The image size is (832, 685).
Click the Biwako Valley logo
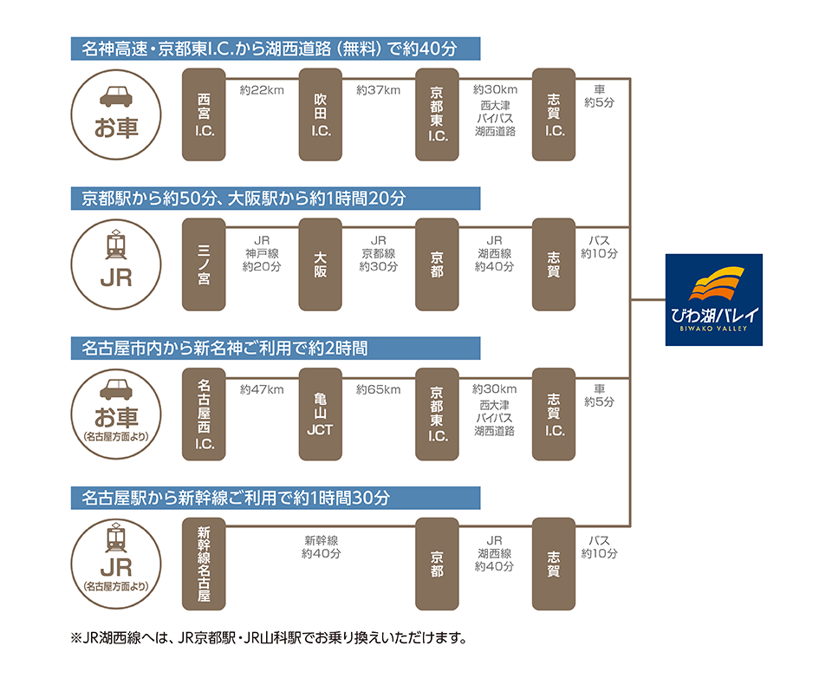[x=713, y=299]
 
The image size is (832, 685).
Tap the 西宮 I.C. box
[x=204, y=114]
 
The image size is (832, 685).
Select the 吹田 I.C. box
[x=321, y=114]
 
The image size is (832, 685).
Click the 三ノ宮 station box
[x=204, y=264]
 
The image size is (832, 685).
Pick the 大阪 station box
[x=321, y=264]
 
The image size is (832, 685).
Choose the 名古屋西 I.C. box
[x=204, y=414]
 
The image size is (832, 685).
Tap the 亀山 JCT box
[x=321, y=414]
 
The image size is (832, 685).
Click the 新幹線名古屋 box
[x=204, y=564]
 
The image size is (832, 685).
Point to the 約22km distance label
[x=262, y=90]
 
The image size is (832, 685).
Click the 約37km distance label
[x=379, y=90]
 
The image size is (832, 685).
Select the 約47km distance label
[x=262, y=390]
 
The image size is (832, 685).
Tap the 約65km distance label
[x=379, y=390]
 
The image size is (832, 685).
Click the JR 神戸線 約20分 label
[x=262, y=254]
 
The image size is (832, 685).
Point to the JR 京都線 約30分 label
[x=379, y=254]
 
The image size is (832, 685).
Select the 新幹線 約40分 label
[x=321, y=547]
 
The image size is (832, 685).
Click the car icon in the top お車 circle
[x=116, y=96]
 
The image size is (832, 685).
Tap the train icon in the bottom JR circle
[x=116, y=538]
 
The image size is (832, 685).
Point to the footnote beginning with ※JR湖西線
[x=269, y=637]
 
